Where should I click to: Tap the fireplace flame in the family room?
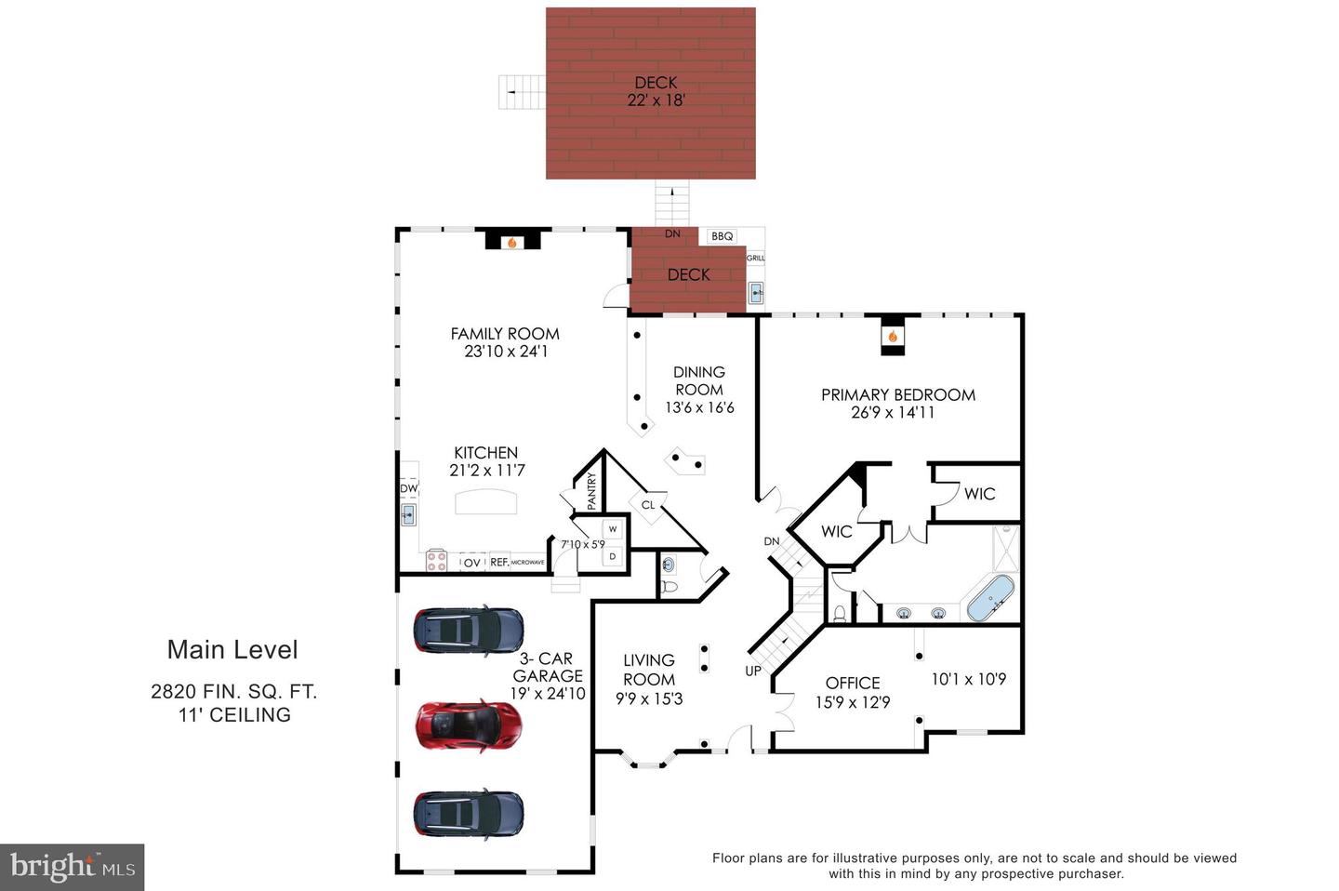511,243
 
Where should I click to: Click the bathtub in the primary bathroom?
990,598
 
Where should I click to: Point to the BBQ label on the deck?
723,236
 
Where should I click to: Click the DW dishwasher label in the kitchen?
408,488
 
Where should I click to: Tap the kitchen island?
485,502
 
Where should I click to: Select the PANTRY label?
591,491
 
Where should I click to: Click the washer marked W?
613,529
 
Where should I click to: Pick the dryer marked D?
613,556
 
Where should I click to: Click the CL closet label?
648,505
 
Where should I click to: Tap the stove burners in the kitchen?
436,561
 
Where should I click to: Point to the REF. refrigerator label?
499,563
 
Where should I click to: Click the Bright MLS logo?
73,867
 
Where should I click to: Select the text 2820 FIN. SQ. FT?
234,691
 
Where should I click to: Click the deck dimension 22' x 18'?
656,100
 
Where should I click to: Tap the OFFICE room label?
853,683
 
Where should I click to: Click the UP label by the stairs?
753,671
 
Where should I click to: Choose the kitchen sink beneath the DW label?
408,514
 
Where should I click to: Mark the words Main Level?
232,650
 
